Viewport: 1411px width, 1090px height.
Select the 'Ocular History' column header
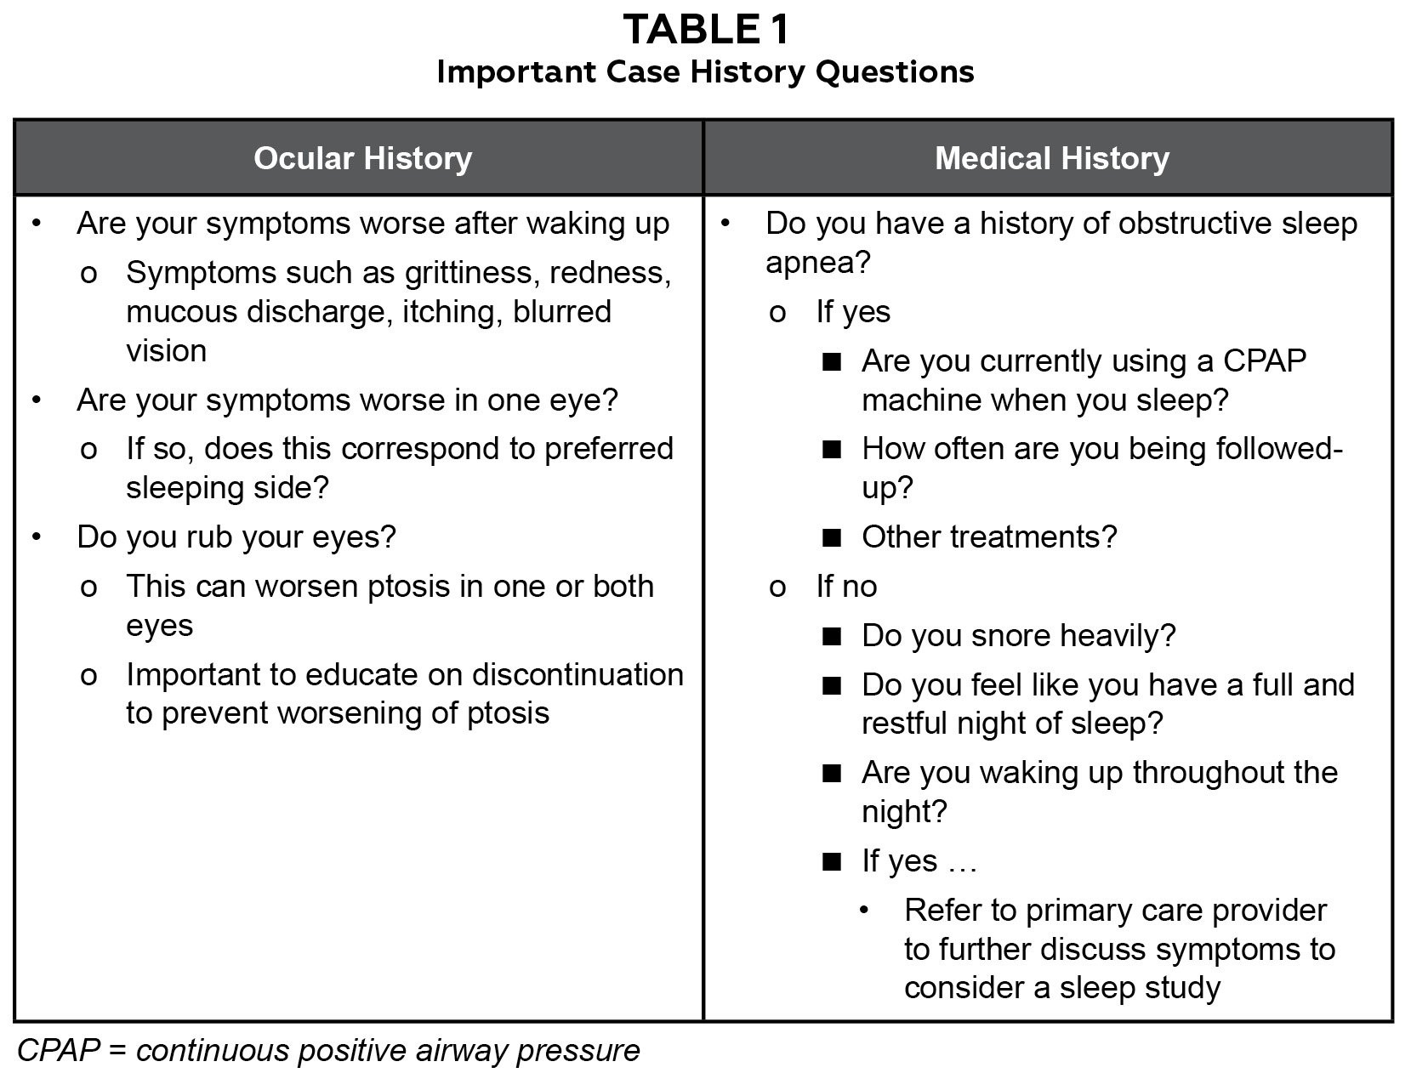tap(362, 158)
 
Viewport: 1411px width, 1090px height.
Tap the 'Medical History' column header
tap(1052, 158)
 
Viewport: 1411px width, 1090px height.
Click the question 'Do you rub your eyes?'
tap(236, 537)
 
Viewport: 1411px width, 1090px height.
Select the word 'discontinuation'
tap(577, 675)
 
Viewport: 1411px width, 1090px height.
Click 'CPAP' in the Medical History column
tap(1264, 361)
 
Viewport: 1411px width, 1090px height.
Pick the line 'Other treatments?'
tap(989, 537)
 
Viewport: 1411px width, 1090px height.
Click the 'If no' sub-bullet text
tap(846, 587)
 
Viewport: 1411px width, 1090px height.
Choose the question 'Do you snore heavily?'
tap(1018, 636)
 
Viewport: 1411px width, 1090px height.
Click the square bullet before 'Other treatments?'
tap(832, 538)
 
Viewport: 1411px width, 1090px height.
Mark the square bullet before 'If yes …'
tap(832, 862)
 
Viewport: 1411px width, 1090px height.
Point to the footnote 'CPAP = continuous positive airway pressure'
tap(328, 1051)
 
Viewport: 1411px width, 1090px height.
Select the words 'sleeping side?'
tap(227, 488)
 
